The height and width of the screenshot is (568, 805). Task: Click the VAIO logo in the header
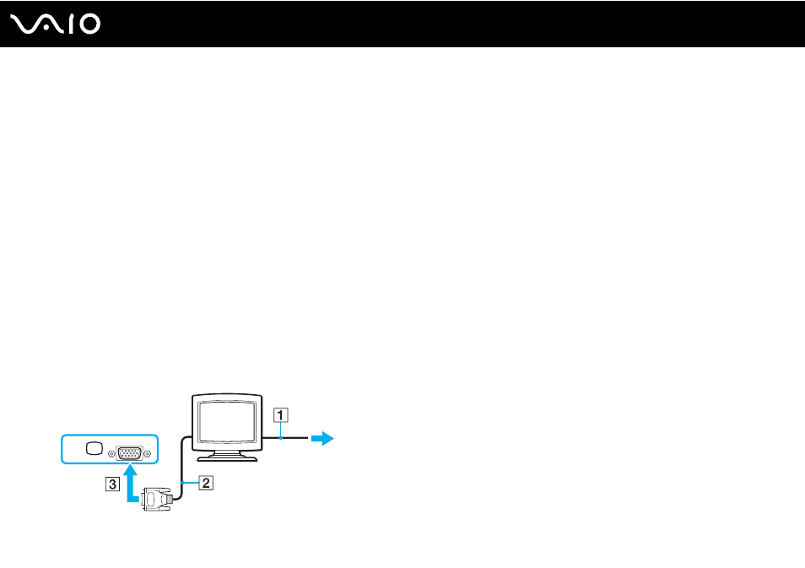55,24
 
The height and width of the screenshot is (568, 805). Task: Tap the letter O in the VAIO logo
89,24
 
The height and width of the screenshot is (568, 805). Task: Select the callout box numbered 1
281,415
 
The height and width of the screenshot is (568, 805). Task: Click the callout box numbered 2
206,483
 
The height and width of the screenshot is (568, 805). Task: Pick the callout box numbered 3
112,484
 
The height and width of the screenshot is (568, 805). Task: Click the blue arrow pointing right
322,439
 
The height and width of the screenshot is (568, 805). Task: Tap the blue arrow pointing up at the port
132,483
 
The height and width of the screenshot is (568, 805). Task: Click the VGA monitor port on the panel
129,453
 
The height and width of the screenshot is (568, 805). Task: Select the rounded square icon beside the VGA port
95,448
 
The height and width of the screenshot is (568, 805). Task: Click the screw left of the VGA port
111,454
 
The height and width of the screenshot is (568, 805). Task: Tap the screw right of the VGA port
148,454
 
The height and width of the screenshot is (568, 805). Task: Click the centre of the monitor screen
227,422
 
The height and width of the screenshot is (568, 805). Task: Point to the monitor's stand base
227,457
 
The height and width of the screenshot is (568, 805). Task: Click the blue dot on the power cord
281,438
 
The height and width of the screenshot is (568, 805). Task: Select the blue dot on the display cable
183,483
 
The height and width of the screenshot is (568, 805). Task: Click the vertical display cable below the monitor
182,468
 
